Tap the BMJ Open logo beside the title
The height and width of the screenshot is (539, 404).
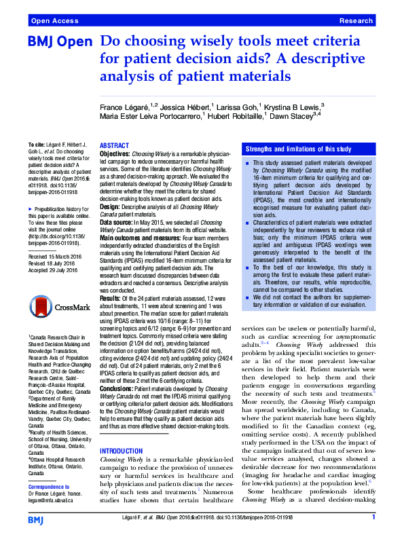click(59, 42)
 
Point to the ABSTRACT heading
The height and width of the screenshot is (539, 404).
click(115, 146)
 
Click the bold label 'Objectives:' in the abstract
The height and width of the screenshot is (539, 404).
click(115, 154)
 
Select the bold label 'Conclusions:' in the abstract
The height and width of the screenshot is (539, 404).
click(117, 389)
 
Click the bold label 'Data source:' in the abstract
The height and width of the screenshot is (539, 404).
click(118, 222)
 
